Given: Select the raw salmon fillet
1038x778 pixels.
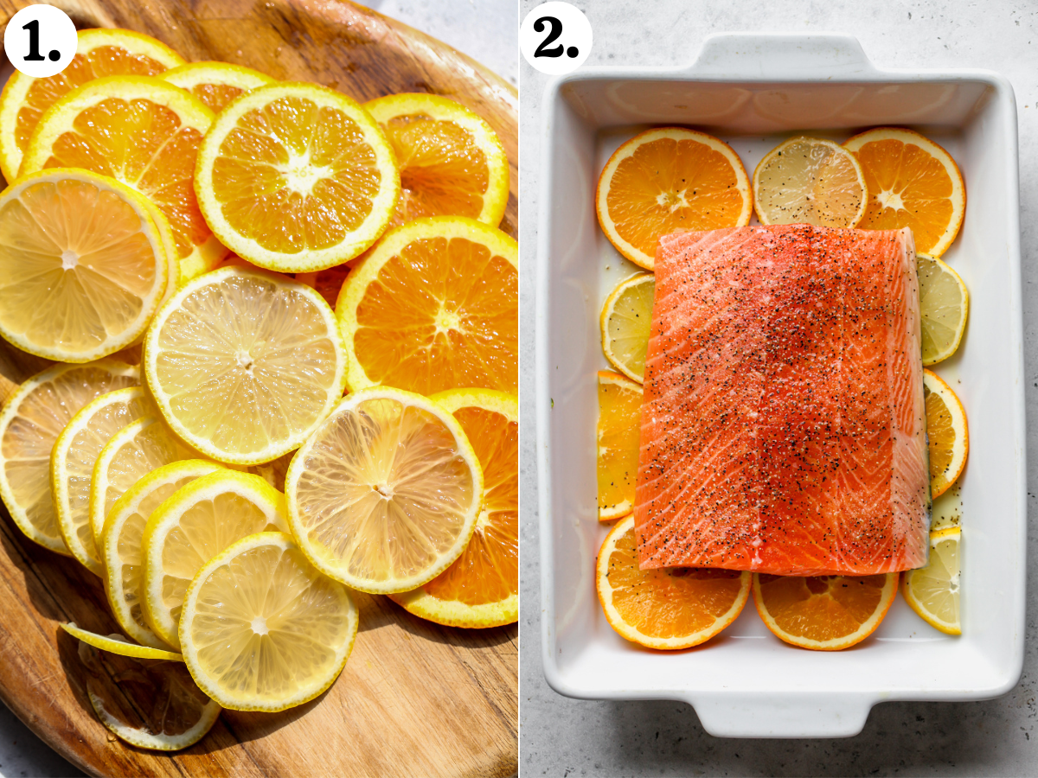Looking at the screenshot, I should coord(778,398).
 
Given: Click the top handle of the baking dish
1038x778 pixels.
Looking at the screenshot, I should coord(783,56).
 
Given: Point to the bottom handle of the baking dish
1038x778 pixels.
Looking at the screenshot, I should coord(783,713).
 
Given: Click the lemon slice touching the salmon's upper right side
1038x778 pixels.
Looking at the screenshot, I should coord(941,307).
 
